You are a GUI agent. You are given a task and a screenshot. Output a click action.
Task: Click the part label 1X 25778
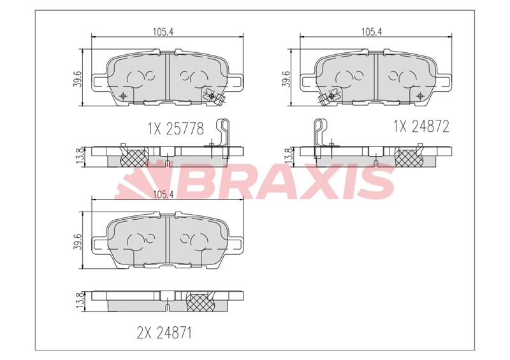pos(176,129)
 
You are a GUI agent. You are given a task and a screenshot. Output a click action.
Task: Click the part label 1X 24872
pos(421,126)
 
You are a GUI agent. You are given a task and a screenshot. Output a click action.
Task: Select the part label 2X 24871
pos(164,333)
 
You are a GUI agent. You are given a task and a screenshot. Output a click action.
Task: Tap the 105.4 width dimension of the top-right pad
pos(372,32)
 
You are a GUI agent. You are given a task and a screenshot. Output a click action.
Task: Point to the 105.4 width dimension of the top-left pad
pos(164,32)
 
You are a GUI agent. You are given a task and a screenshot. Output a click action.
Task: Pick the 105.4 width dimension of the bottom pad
pos(164,194)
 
